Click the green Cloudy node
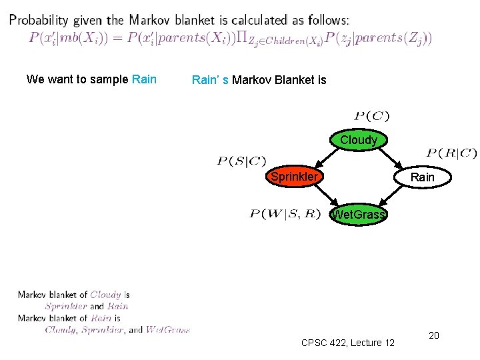click(358, 140)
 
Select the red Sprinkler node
click(294, 177)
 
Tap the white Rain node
click(422, 177)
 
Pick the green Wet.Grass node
click(359, 215)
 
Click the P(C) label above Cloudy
click(372, 117)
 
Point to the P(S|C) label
click(241, 161)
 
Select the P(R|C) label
click(451, 153)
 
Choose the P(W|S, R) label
click(285, 213)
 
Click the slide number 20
click(433, 335)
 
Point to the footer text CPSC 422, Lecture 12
click(348, 343)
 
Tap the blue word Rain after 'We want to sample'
click(145, 79)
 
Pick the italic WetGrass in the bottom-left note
click(168, 329)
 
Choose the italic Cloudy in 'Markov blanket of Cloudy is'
click(105, 295)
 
